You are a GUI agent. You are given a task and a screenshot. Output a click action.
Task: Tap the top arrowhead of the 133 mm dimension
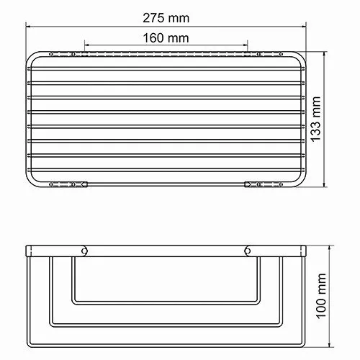[x=328, y=53]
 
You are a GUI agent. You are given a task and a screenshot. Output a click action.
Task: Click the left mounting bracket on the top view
[x=73, y=185]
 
